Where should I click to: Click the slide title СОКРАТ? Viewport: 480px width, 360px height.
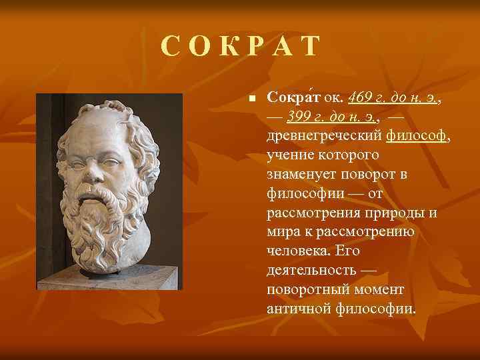(x=241, y=47)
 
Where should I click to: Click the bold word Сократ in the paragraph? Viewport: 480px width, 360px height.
(x=294, y=98)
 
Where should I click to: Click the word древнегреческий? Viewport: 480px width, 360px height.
(x=324, y=136)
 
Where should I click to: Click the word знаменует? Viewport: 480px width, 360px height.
(x=299, y=175)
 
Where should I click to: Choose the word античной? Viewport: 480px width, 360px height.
(x=299, y=310)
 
